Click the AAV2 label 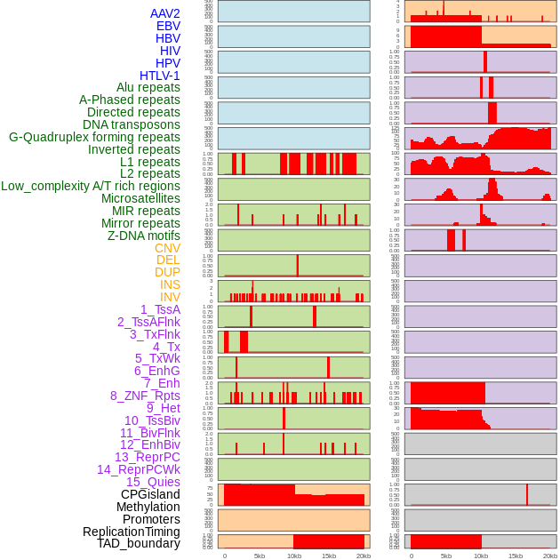click(x=165, y=13)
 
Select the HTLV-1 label click(x=160, y=76)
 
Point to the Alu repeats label click(x=148, y=87)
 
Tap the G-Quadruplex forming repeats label click(x=94, y=137)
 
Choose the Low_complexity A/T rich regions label click(x=91, y=186)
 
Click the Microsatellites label click(x=140, y=198)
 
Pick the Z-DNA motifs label click(x=143, y=236)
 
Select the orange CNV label click(x=167, y=248)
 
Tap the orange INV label click(x=170, y=297)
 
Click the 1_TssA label click(x=160, y=309)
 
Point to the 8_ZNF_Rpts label click(x=145, y=396)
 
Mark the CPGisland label click(x=150, y=494)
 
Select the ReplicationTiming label click(x=132, y=532)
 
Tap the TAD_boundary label click(x=139, y=543)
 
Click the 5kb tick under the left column click(x=260, y=556)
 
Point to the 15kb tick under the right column click(x=516, y=556)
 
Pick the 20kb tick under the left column click(x=364, y=556)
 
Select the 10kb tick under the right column click(x=481, y=556)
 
